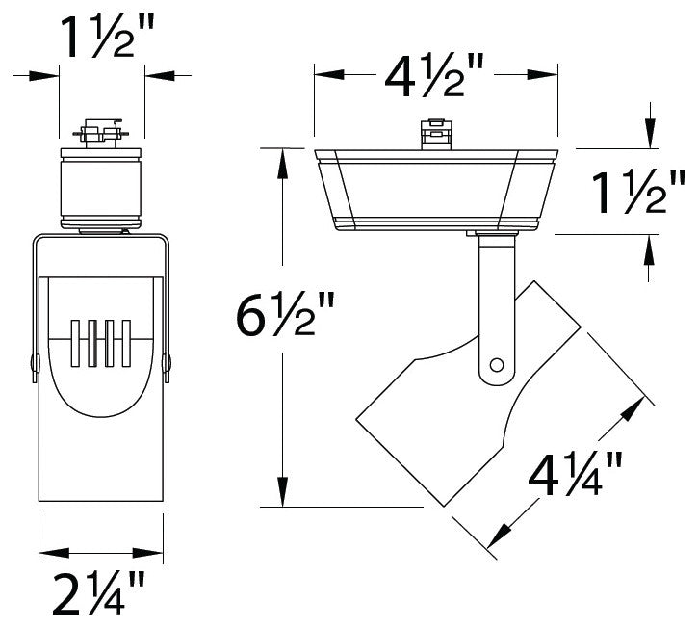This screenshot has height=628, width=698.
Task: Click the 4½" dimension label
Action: pyautogui.click(x=435, y=75)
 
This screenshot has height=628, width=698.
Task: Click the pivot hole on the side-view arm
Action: pyautogui.click(x=497, y=365)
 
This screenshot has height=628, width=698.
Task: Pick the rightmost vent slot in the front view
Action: pyautogui.click(x=124, y=342)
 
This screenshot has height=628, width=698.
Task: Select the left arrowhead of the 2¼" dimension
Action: pyautogui.click(x=50, y=553)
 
